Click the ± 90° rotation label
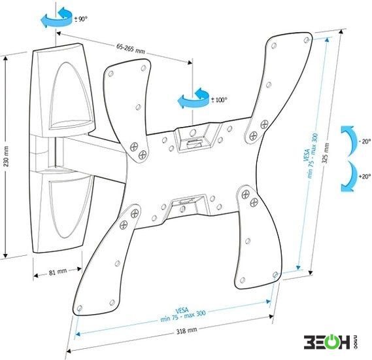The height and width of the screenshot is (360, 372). click(x=81, y=19)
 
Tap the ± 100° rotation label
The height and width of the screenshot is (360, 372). click(x=219, y=100)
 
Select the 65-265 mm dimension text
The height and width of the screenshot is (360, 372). click(x=130, y=48)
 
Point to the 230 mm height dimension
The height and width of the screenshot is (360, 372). click(x=7, y=156)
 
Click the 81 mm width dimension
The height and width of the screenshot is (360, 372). click(x=58, y=272)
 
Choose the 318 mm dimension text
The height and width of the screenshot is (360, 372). click(x=186, y=331)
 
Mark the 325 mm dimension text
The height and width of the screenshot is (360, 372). click(x=326, y=153)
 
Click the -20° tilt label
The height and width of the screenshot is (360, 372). click(x=365, y=142)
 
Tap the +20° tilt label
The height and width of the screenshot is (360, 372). click(x=365, y=177)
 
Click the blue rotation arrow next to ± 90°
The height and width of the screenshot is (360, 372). click(x=57, y=18)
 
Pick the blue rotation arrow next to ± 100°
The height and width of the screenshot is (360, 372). click(x=194, y=99)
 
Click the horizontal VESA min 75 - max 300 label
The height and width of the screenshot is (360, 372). click(x=183, y=314)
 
